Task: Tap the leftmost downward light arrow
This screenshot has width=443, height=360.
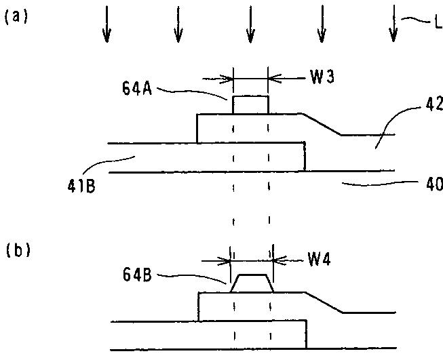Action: coord(107,24)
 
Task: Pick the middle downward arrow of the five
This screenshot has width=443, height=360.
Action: coord(250,24)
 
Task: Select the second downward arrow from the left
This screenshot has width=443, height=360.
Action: coord(178,24)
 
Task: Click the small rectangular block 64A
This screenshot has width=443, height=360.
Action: coord(250,105)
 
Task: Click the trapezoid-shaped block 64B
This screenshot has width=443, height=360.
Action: coord(252,284)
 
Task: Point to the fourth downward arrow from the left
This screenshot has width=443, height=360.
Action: coord(322,24)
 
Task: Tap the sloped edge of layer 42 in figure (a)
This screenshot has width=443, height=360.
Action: coord(320,125)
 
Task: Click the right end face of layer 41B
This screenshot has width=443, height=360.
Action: coord(305,157)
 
